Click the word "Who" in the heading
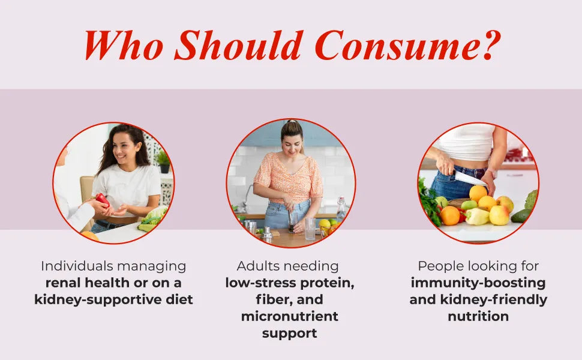124,45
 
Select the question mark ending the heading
487,45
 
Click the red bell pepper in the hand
103,200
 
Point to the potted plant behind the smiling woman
163,162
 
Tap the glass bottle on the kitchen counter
341,209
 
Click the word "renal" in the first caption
63,283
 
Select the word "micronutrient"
290,316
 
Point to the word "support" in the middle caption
290,333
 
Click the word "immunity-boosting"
478,283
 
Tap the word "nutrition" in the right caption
478,316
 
